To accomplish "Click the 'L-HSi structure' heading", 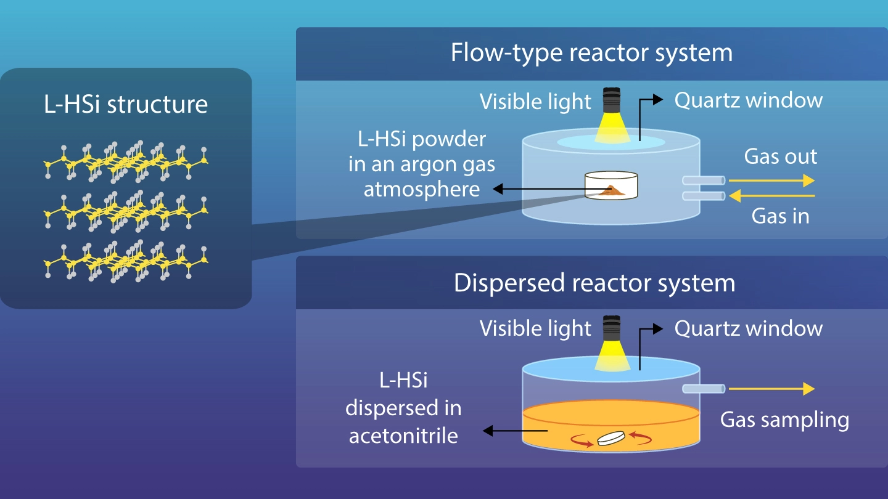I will tap(126, 103).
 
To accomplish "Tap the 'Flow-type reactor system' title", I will tap(591, 52).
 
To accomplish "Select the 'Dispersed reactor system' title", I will tap(594, 283).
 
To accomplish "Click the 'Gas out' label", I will tap(780, 156).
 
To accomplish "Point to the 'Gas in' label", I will tap(780, 216).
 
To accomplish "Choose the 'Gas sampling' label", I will tap(784, 420).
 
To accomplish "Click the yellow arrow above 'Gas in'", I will tap(772, 196).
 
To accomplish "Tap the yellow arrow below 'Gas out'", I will tap(772, 181).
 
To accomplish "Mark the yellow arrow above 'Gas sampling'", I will tap(772, 389).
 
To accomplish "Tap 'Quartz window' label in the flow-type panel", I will tap(748, 100).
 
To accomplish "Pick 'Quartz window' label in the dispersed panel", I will tap(748, 328).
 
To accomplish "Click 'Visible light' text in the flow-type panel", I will tap(535, 102).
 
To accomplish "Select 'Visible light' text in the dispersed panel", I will tap(535, 329).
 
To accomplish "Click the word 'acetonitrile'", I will tap(403, 436).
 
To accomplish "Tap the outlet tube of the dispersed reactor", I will tap(704, 389).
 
